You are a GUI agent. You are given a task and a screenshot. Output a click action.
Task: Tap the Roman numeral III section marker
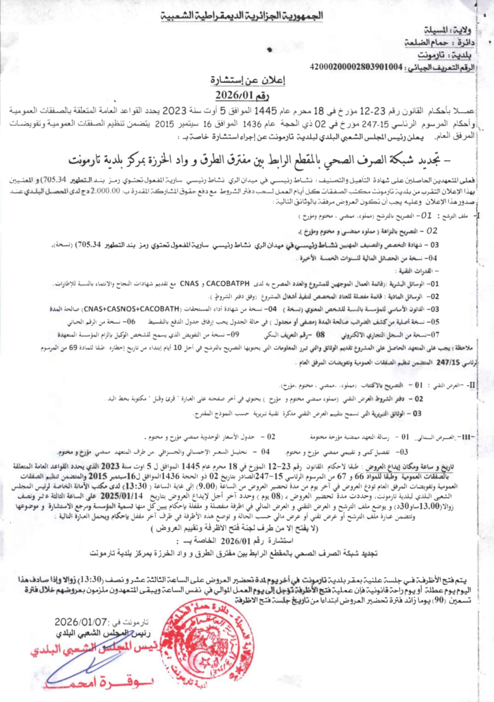click(x=469, y=436)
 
